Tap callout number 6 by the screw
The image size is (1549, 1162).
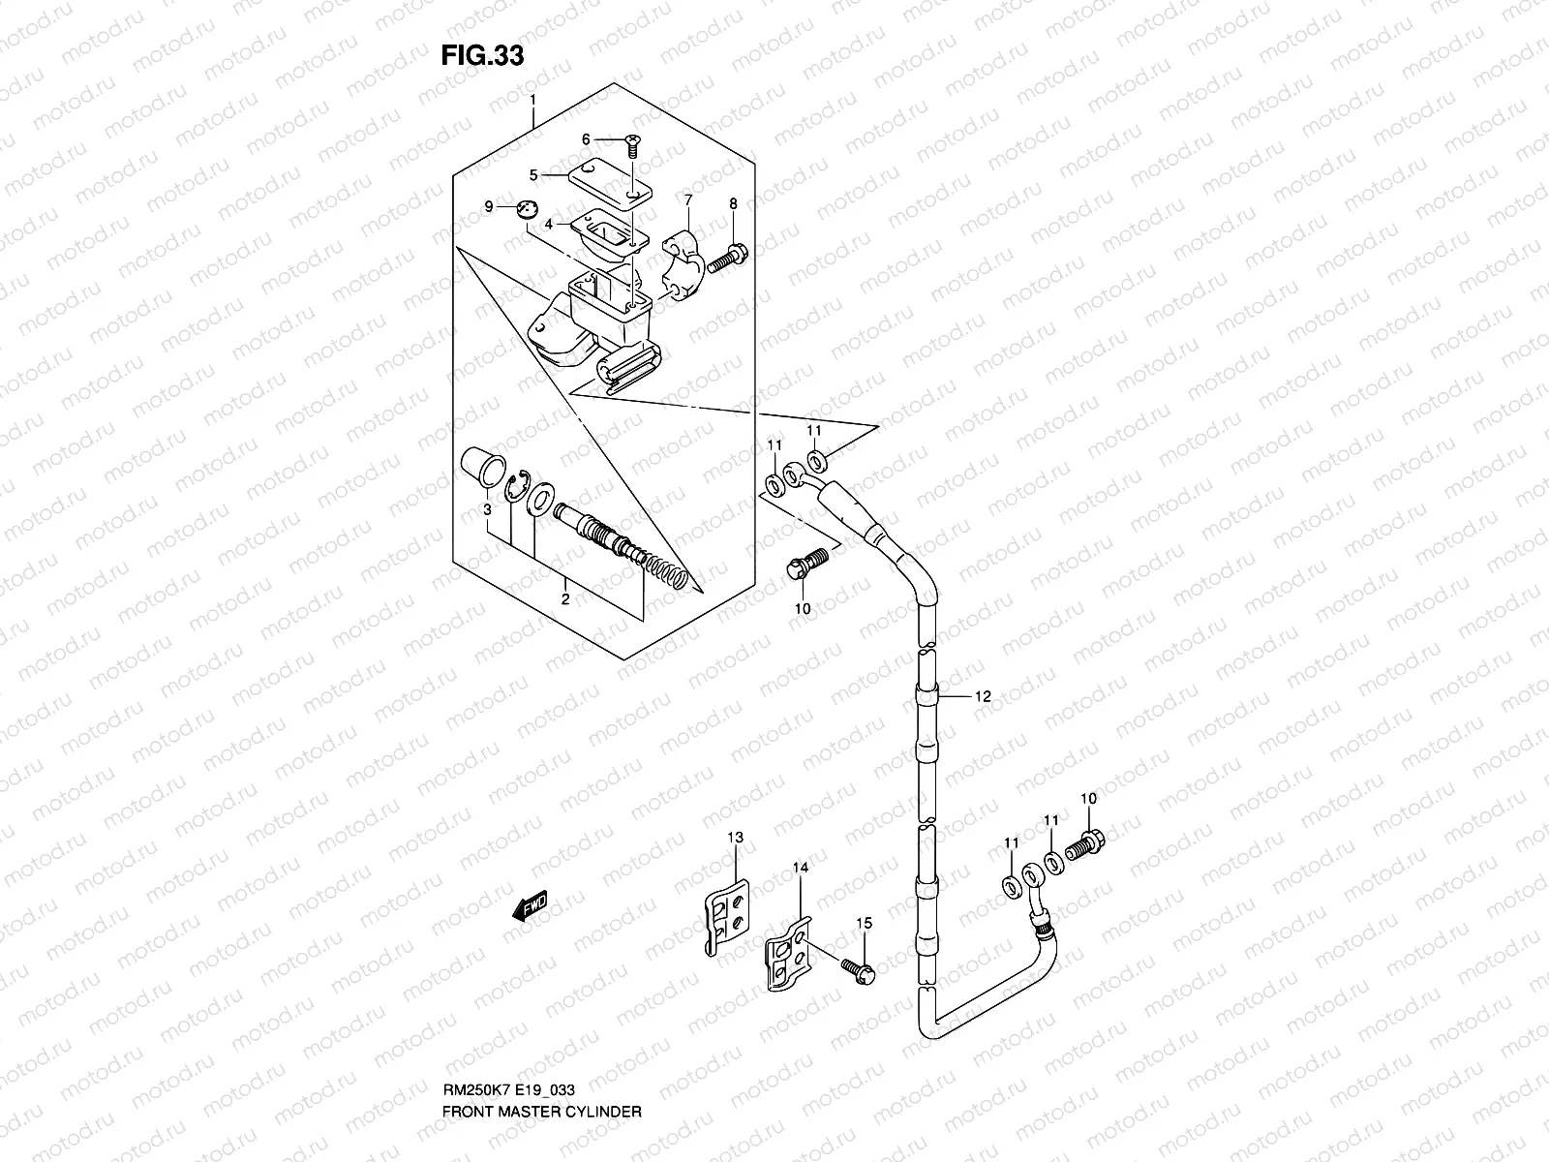click(586, 140)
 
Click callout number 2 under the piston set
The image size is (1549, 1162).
click(565, 598)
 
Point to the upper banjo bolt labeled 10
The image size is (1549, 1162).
click(806, 563)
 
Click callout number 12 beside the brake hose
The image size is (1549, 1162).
click(983, 695)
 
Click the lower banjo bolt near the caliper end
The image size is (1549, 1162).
click(1086, 846)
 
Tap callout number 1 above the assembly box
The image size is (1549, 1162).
click(532, 100)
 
